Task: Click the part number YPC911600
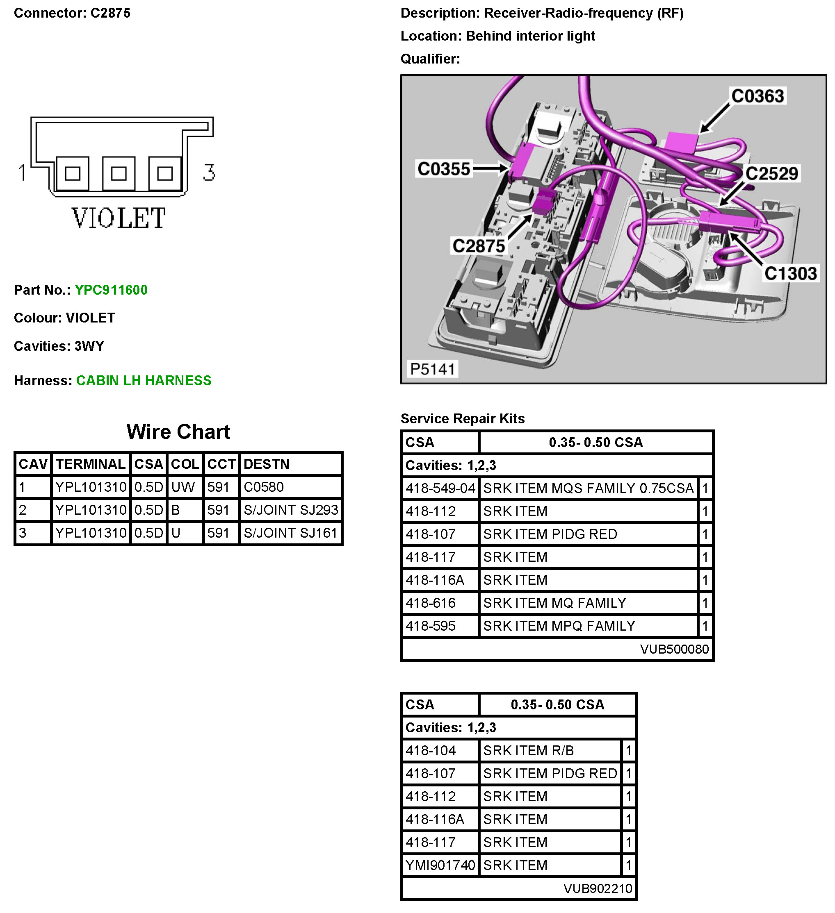coord(111,290)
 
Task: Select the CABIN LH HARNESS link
coord(144,380)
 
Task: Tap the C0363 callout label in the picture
coord(757,96)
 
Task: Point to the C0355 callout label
coord(444,169)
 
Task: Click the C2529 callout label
coord(771,173)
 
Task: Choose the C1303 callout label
coord(791,274)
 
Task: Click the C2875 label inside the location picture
coord(479,246)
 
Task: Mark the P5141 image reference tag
coord(432,369)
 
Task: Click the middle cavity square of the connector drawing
coord(119,173)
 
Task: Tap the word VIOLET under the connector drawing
coord(119,218)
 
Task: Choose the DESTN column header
coord(267,464)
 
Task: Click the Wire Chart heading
coord(178,432)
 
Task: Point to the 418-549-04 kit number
coord(440,488)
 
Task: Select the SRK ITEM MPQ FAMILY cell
coord(559,626)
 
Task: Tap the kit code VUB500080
coord(674,650)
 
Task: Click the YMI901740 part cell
coord(440,865)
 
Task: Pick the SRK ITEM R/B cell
coord(528,751)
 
